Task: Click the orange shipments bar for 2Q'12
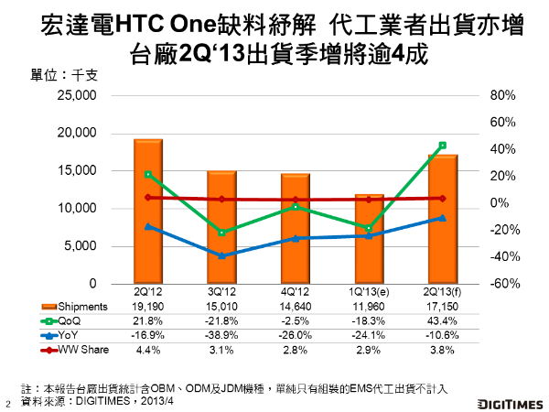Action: (x=148, y=211)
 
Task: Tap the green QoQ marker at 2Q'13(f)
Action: (x=442, y=145)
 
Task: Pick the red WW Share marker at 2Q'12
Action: (x=148, y=197)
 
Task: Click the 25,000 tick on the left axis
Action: (x=78, y=95)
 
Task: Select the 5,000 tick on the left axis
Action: (x=81, y=246)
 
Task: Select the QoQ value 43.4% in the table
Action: (x=442, y=321)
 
